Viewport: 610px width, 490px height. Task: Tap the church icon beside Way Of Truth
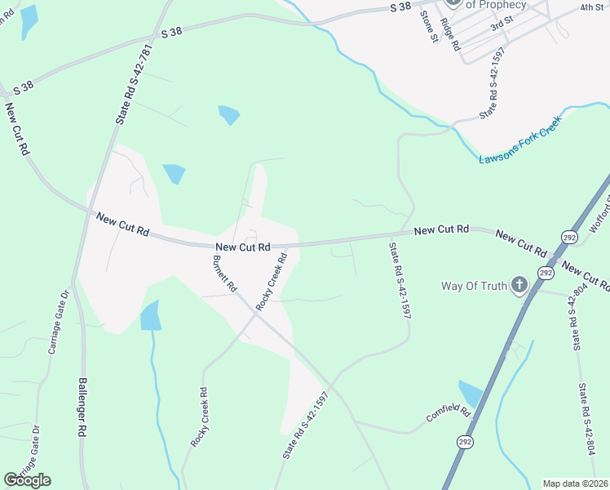click(519, 285)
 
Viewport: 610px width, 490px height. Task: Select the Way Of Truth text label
click(474, 286)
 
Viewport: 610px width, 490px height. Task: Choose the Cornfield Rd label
click(449, 414)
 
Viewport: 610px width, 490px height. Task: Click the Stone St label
click(429, 26)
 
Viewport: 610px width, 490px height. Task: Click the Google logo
click(28, 479)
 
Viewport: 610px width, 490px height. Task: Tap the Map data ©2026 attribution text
click(576, 483)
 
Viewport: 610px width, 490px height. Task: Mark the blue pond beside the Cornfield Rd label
click(471, 394)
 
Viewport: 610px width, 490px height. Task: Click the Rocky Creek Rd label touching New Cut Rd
click(272, 281)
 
